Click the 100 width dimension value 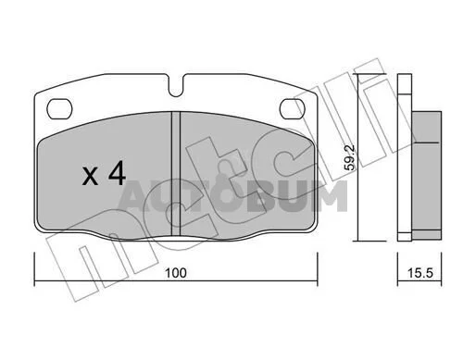click(176, 273)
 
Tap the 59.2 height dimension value click(350, 157)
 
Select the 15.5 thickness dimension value click(420, 273)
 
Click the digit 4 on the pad click(117, 173)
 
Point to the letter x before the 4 click(90, 178)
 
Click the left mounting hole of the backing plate click(59, 108)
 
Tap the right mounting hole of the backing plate click(292, 108)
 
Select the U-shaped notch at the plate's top click(176, 85)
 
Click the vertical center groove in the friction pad click(175, 174)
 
